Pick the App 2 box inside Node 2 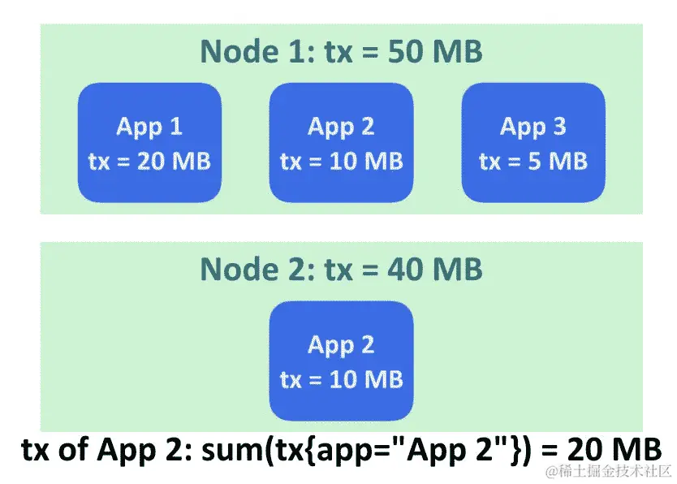[x=341, y=361]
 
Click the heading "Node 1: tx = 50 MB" [x=341, y=52]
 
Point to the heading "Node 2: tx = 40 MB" [x=341, y=269]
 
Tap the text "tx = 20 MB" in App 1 [x=149, y=161]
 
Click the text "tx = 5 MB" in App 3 [x=533, y=161]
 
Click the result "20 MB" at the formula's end [x=616, y=450]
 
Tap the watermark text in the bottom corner [x=608, y=472]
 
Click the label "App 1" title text [x=149, y=127]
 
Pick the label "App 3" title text [x=533, y=127]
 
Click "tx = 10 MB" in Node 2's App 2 [x=341, y=379]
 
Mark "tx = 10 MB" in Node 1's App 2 [x=341, y=161]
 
